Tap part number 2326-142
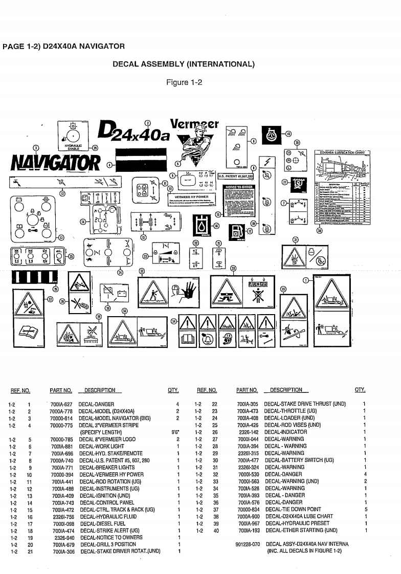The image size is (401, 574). (250, 431)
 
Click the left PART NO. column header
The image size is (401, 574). (60, 390)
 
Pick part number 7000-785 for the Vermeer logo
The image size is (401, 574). (62, 439)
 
